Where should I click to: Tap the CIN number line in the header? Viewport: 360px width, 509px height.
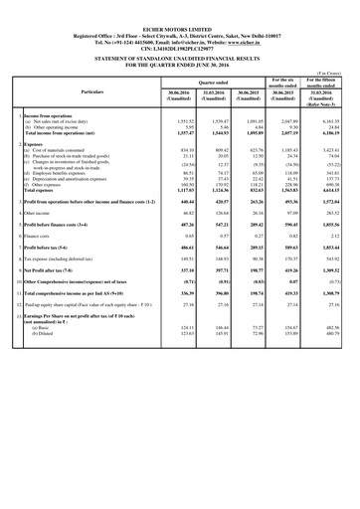tap(180, 34)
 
